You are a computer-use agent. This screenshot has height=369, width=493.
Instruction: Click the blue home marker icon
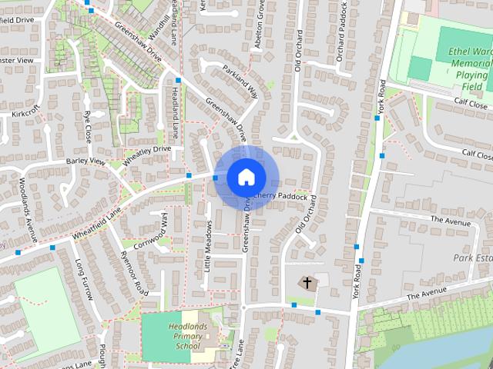(x=246, y=177)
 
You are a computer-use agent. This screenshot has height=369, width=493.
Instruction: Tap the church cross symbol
(x=307, y=284)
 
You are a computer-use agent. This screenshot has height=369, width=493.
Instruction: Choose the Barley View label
(x=85, y=161)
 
